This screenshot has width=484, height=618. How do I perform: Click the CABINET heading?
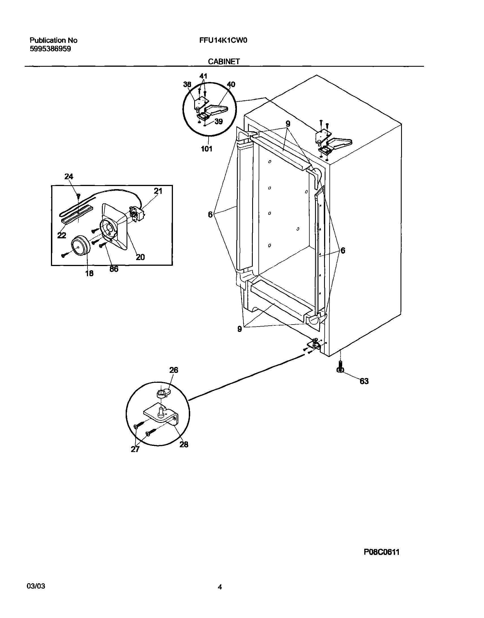(224, 61)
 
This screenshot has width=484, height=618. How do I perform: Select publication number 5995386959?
(50, 49)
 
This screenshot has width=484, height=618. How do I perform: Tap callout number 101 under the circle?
(207, 149)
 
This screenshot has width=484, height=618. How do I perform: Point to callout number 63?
(364, 381)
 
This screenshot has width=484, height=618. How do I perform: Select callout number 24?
(68, 177)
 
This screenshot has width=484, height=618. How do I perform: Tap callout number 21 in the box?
(158, 191)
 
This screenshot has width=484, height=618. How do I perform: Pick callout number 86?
(113, 269)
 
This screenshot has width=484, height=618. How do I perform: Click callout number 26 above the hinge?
(174, 370)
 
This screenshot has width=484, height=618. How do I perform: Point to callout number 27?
(135, 449)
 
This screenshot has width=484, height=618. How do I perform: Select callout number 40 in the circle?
(231, 84)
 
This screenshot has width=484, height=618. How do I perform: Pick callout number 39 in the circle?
(219, 122)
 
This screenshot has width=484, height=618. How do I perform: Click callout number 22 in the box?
(62, 235)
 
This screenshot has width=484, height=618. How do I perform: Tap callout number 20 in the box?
(140, 257)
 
